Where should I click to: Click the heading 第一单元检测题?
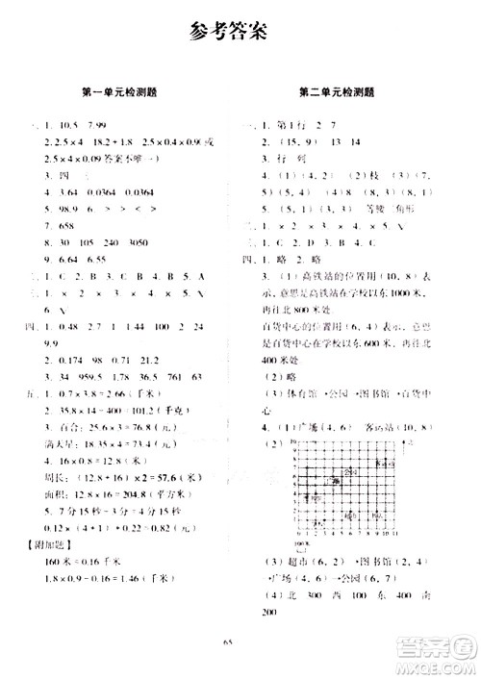click(x=121, y=93)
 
